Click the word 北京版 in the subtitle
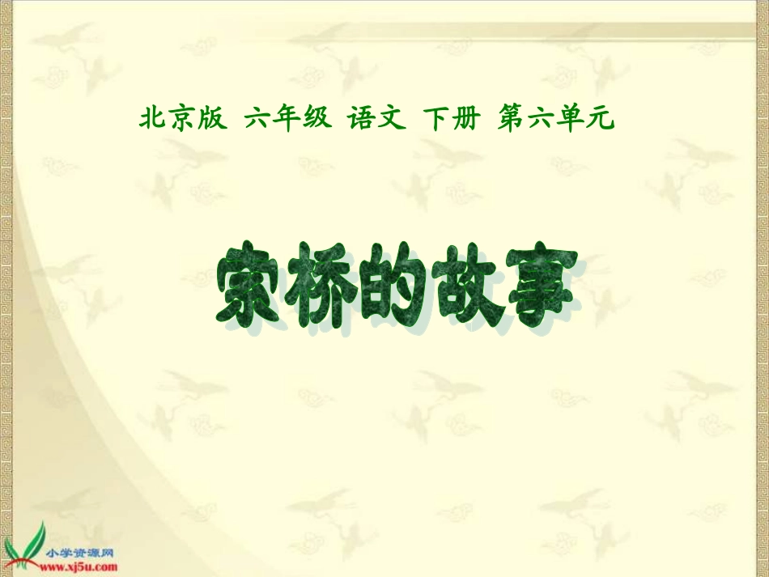click(x=182, y=120)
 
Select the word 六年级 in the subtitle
click(x=287, y=120)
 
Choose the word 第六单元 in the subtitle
click(x=556, y=120)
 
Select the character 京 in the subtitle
click(x=182, y=120)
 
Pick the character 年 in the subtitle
click(x=287, y=120)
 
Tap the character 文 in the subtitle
click(x=390, y=120)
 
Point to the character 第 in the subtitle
click(x=511, y=120)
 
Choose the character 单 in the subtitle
click(x=571, y=120)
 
